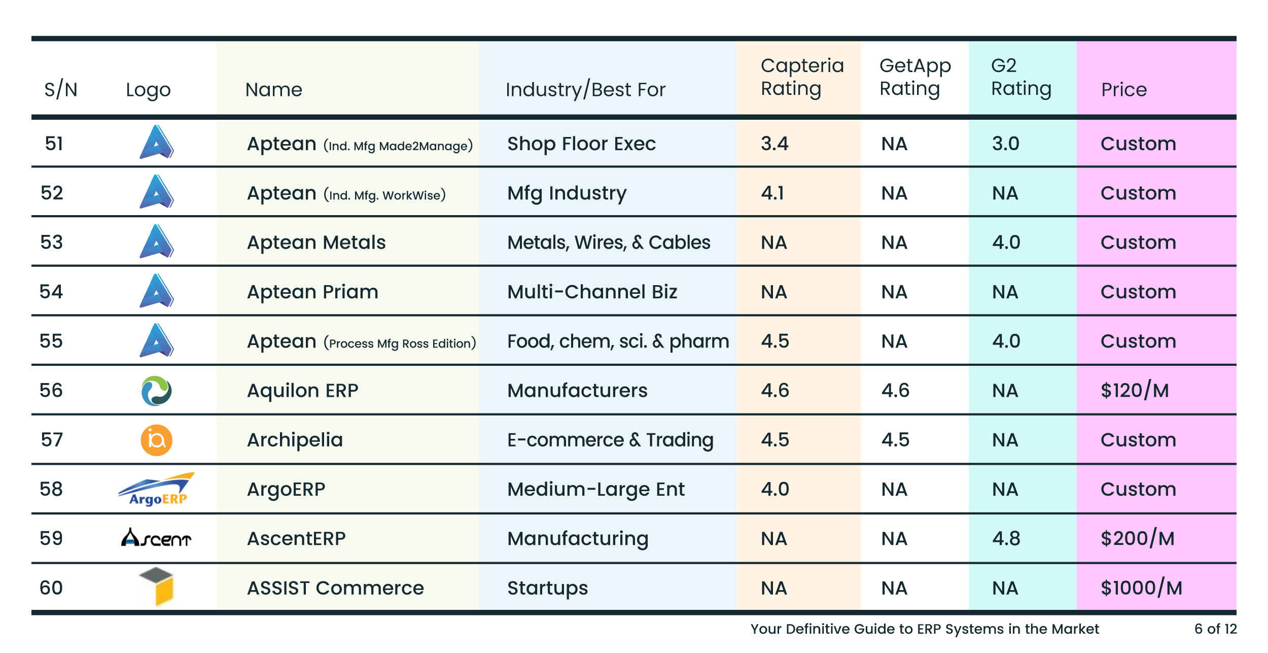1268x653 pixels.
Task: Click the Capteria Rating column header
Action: [801, 77]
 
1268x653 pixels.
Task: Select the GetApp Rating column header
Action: [914, 77]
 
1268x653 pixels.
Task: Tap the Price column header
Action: [1123, 90]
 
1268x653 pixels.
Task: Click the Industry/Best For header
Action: [585, 90]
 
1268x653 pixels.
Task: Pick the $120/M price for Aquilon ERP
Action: [1134, 390]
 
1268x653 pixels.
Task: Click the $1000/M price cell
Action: [1141, 588]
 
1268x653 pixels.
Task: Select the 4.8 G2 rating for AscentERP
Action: [1006, 538]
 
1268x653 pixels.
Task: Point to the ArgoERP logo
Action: [157, 489]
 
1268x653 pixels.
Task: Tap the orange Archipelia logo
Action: [156, 440]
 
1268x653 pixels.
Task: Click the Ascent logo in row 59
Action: [156, 538]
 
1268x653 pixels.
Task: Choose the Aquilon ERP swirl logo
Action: [156, 391]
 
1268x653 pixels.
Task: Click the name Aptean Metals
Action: [316, 243]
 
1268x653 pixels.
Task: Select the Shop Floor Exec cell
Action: [581, 144]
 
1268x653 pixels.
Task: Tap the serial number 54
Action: [51, 292]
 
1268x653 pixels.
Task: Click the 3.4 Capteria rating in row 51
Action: [774, 144]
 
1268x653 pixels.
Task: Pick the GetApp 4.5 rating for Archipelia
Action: [895, 440]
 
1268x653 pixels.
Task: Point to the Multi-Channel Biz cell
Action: [592, 292]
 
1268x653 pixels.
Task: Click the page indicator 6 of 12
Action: [1215, 629]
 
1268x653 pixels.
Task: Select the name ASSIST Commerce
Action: [335, 588]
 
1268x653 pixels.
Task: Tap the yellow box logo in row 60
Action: [157, 587]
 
